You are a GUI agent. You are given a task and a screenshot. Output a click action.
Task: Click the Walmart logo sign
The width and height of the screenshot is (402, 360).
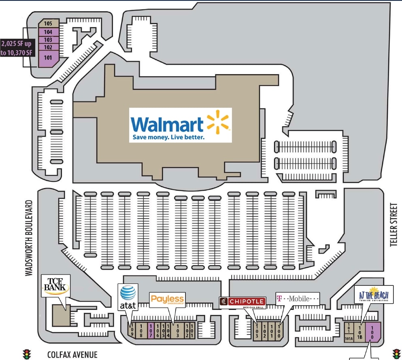180,125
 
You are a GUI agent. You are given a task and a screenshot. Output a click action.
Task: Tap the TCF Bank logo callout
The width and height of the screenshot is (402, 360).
56,286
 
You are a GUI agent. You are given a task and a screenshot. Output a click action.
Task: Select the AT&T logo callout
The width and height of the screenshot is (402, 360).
128,297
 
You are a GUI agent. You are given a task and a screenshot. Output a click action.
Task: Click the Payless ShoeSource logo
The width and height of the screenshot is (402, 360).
167,300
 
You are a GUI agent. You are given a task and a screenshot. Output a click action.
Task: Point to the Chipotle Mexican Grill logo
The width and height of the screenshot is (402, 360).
242,302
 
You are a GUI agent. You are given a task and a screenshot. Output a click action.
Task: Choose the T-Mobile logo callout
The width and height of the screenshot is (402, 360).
298,299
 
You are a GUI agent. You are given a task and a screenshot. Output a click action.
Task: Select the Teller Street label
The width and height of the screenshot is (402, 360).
393,225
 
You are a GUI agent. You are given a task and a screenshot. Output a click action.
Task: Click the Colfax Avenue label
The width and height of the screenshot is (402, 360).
72,355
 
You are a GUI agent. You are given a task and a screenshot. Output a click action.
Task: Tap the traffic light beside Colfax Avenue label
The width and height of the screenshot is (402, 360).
27,354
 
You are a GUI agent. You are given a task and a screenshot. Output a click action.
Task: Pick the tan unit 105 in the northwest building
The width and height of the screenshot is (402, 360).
48,23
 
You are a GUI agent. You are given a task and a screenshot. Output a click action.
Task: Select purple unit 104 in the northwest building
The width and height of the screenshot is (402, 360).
48,32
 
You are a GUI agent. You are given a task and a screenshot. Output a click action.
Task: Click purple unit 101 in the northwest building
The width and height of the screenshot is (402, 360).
48,58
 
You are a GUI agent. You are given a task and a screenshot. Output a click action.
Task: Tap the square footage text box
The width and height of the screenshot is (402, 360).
17,48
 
